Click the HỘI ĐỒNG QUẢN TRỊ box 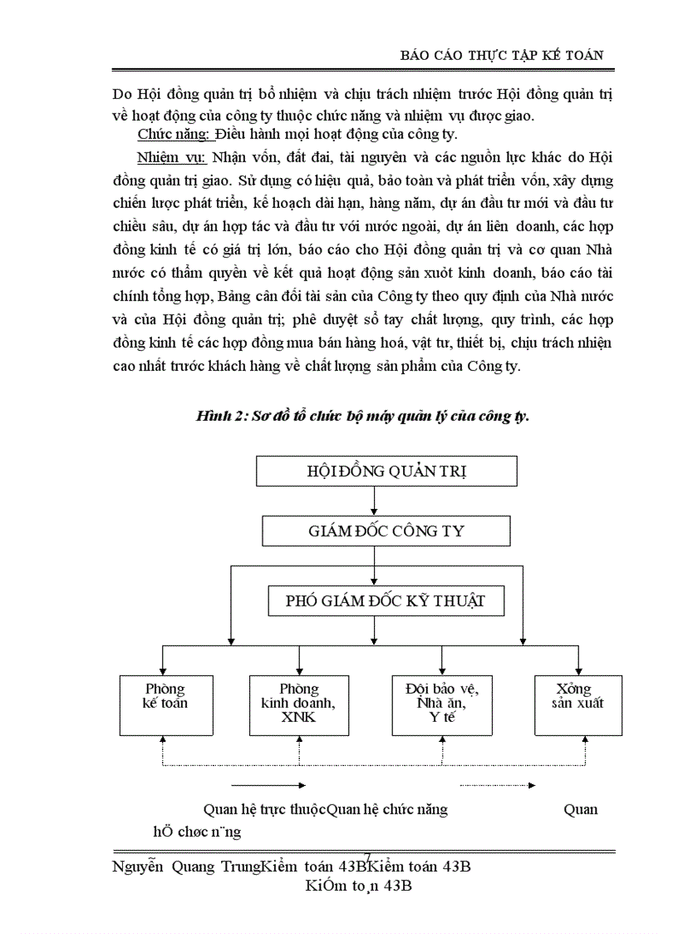[x=386, y=471]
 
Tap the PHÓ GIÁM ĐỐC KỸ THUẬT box [x=386, y=601]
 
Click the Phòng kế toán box [x=165, y=704]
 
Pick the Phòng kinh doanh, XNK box [x=298, y=704]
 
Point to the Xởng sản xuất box [x=577, y=704]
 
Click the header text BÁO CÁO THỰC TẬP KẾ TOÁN [x=501, y=55]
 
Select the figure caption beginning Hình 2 [x=362, y=417]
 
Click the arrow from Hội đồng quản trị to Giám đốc [x=375, y=500]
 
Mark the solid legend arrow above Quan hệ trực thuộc [x=268, y=784]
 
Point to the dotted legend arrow [x=497, y=784]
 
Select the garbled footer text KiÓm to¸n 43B [x=358, y=886]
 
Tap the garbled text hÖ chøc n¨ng [x=197, y=831]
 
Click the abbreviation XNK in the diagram [x=298, y=718]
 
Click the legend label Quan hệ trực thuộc [x=264, y=809]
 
